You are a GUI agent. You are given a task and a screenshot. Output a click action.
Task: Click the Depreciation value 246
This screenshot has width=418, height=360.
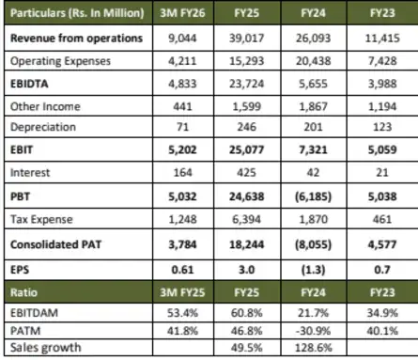(x=252, y=127)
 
